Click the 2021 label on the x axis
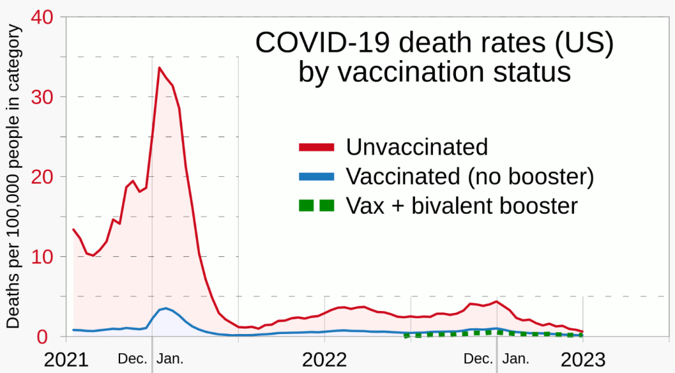pos(67,360)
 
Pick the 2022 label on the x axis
pos(325,360)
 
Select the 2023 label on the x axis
pos(583,360)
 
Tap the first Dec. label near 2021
pos(133,359)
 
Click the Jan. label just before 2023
pos(516,359)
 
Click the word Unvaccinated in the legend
pos(417,147)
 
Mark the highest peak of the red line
pos(159,67)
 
